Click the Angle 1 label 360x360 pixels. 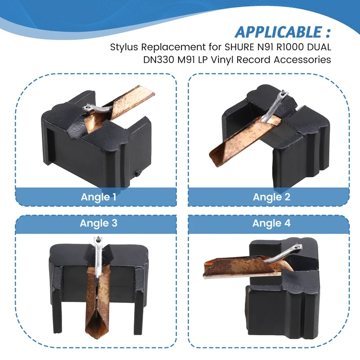click(x=96, y=197)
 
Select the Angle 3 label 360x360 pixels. click(x=96, y=223)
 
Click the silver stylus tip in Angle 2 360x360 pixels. click(x=283, y=96)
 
